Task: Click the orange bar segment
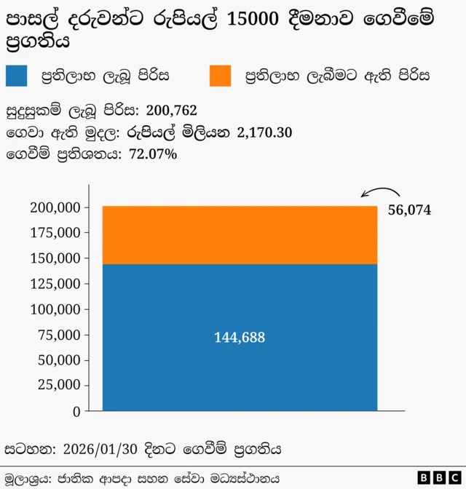click(x=240, y=235)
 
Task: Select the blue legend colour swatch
click(x=17, y=75)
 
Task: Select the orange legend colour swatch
click(x=220, y=75)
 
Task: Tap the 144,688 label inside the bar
click(x=240, y=338)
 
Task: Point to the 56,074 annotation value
click(x=409, y=210)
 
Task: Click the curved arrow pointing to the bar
click(x=382, y=193)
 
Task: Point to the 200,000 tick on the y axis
click(x=55, y=207)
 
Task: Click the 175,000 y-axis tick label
click(x=55, y=233)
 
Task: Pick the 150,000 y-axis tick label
click(x=55, y=258)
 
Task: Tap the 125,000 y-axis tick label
click(x=55, y=284)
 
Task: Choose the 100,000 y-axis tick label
click(x=55, y=309)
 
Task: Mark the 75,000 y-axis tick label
click(x=59, y=335)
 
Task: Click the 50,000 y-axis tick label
click(x=59, y=360)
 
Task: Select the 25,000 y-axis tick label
click(x=59, y=386)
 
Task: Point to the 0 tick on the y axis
click(x=76, y=411)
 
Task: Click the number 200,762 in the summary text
click(x=171, y=111)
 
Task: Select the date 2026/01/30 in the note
click(x=98, y=449)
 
